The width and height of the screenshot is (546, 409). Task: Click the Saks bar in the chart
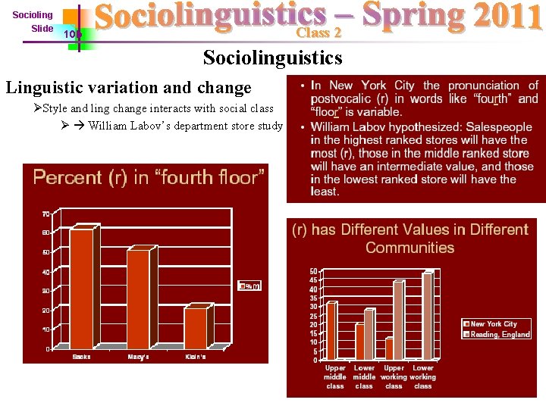81,287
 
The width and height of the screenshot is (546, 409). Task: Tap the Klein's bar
195,326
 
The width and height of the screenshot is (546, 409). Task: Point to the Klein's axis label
195,357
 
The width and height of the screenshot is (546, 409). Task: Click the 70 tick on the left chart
46,214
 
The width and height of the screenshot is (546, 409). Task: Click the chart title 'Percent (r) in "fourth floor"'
149,178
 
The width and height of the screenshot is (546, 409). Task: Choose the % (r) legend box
250,286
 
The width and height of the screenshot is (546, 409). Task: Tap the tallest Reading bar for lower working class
427,315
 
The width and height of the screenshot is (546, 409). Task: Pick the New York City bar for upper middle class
331,330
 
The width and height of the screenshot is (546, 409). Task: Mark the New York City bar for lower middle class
359,341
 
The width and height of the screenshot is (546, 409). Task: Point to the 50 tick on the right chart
313,271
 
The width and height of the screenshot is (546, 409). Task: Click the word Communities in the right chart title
409,248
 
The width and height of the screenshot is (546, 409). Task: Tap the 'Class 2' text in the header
318,33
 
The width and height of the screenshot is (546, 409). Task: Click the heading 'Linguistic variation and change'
128,88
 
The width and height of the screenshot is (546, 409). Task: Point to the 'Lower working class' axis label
423,376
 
